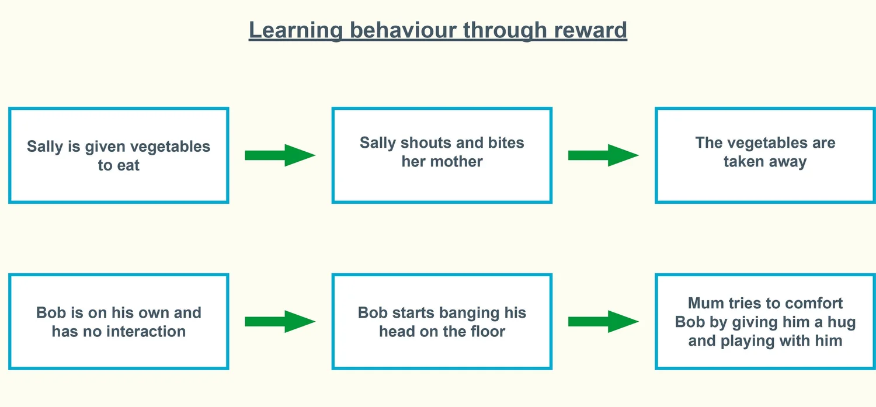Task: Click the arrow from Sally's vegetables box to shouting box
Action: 280,155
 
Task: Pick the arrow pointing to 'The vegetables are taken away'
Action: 603,155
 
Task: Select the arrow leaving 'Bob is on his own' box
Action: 280,321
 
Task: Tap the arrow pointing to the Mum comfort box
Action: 603,321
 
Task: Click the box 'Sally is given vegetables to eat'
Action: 119,155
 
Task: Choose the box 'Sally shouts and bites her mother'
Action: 442,155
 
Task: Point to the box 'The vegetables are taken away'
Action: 765,155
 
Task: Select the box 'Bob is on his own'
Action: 119,321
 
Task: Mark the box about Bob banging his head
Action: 442,321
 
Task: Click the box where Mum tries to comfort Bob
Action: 765,321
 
